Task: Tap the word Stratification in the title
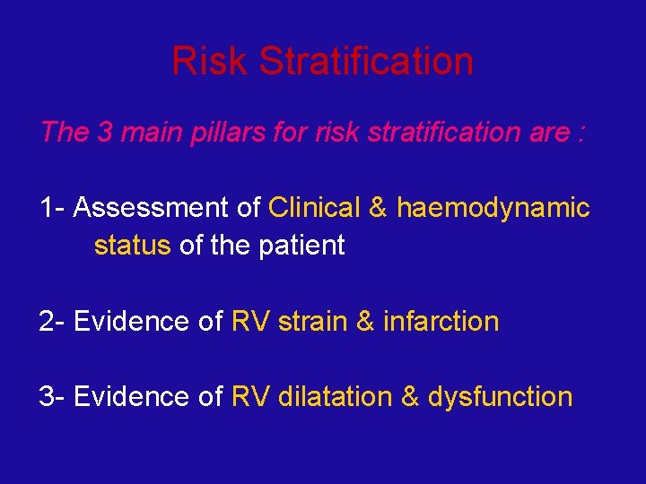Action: (x=366, y=61)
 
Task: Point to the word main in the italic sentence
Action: (x=149, y=133)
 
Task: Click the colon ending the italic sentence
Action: (x=582, y=134)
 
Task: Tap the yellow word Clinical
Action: (x=314, y=208)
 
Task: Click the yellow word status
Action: (x=132, y=246)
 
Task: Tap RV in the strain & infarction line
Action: (x=250, y=321)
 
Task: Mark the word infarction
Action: (x=441, y=321)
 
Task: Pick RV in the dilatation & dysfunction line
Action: (x=250, y=396)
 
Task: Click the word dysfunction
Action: (x=500, y=397)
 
